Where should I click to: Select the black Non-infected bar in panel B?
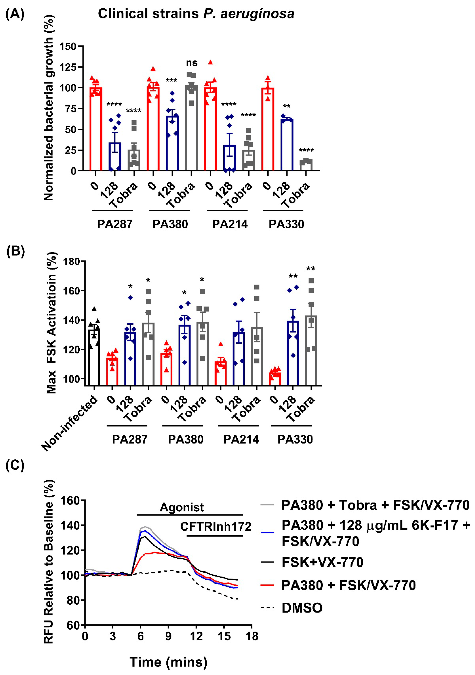[94, 357]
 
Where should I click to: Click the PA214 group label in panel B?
[241, 439]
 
